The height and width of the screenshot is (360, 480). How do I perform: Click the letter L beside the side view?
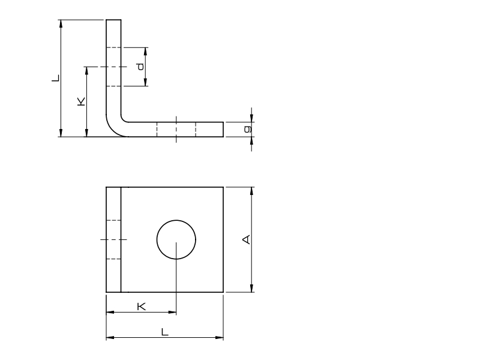coord(56,78)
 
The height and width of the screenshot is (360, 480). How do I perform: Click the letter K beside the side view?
coord(81,101)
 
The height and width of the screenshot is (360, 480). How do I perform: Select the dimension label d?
coord(140,67)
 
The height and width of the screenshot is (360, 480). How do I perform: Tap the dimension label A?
coord(247,239)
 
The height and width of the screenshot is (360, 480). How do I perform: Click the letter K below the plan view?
coord(141,306)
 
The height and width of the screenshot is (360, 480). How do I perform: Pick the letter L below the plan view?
coord(164,332)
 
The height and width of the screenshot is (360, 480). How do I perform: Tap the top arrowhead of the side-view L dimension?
coord(61,24)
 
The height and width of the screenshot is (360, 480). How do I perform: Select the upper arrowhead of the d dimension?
coord(145,52)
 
